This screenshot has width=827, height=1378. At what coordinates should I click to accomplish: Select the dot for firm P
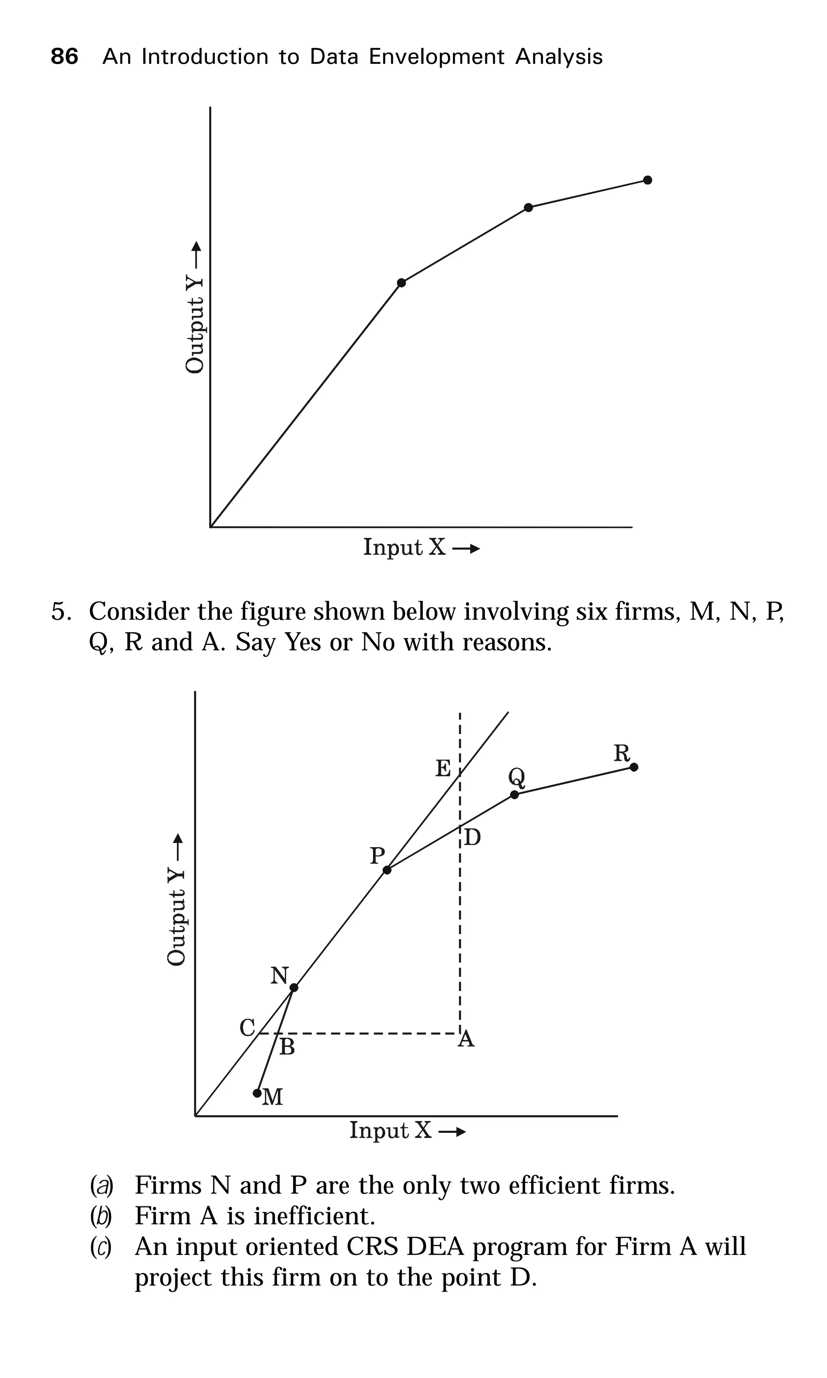(387, 870)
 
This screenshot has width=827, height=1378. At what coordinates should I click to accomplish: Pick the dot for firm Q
(514, 794)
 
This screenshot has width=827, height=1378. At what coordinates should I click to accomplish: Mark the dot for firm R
(634, 767)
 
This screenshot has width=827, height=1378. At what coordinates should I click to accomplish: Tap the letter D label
(472, 837)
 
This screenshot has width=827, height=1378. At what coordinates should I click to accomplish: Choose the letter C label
(247, 1027)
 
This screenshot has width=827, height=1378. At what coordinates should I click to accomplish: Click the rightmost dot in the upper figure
(647, 180)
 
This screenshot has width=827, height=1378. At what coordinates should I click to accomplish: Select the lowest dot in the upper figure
(401, 283)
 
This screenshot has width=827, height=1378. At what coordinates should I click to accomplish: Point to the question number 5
(60, 612)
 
